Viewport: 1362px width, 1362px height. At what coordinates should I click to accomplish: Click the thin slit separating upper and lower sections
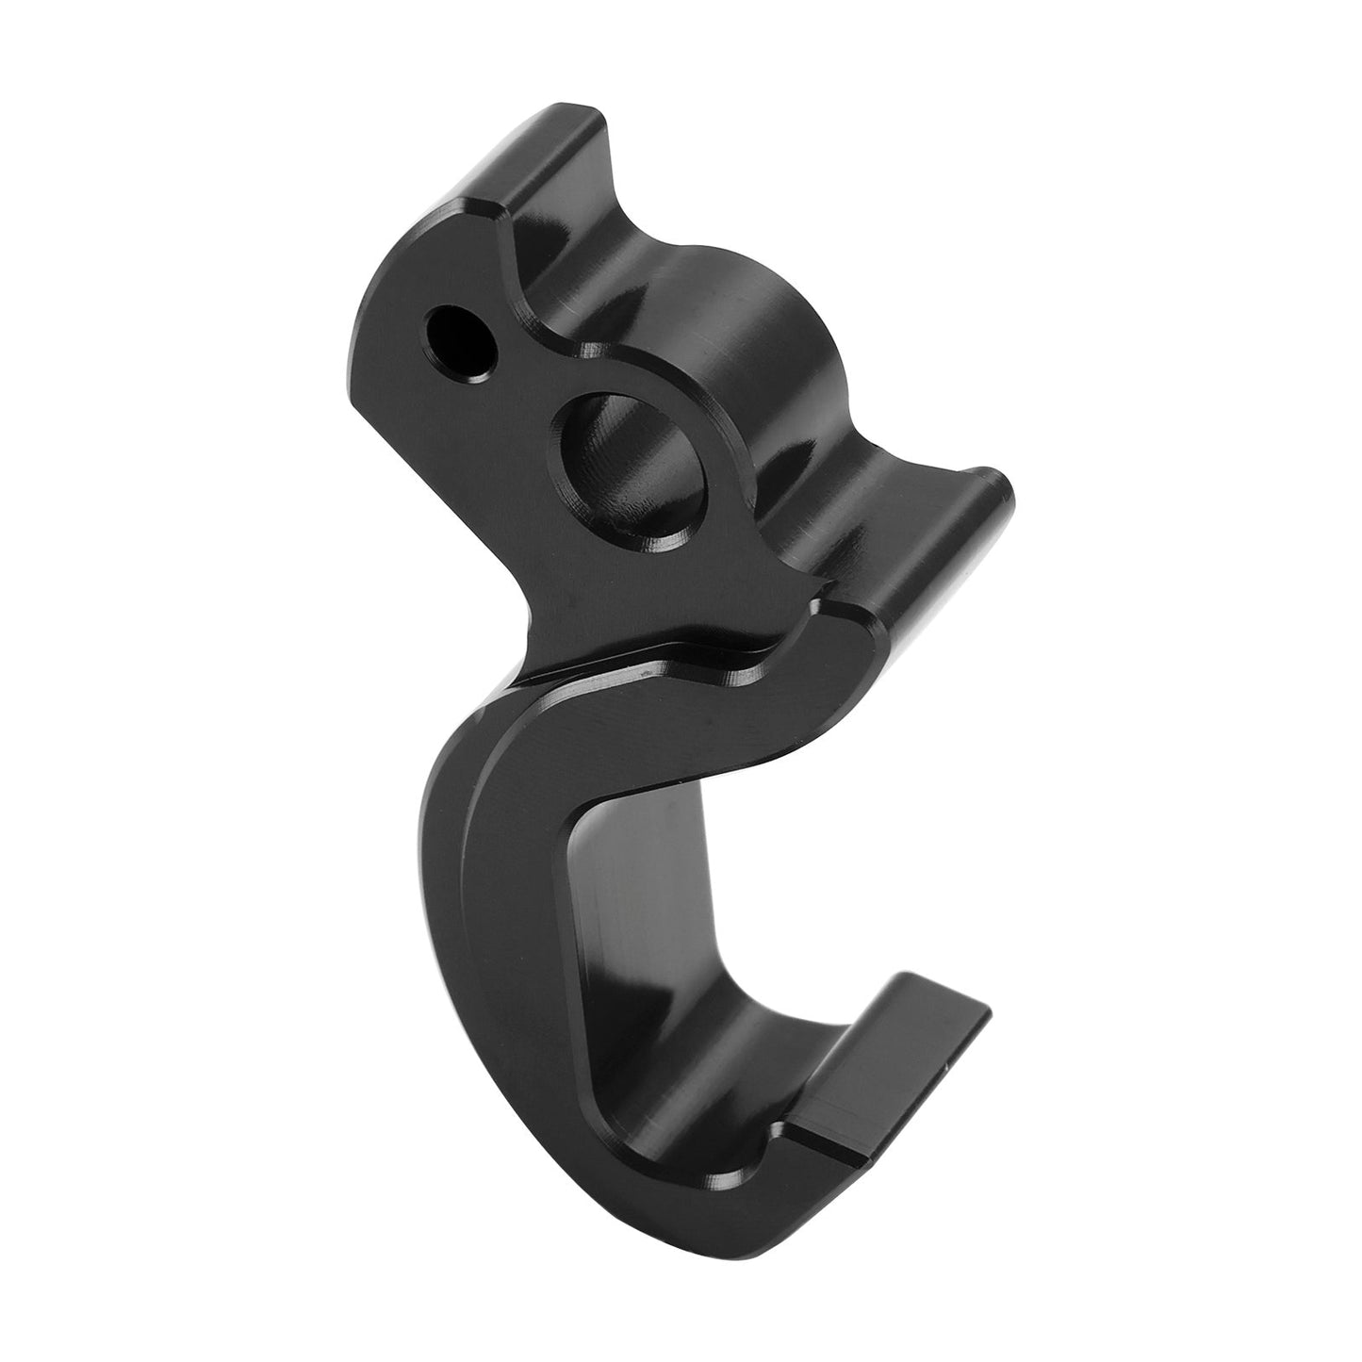660,660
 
